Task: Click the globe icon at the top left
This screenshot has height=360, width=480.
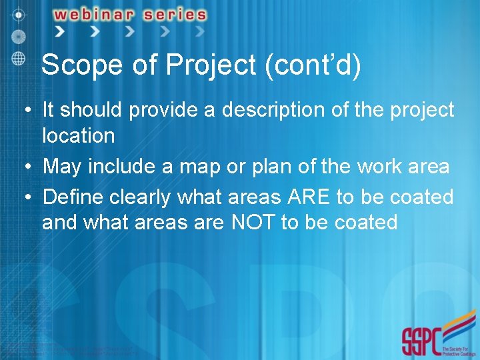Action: click(x=19, y=57)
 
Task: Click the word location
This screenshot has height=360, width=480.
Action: click(x=79, y=136)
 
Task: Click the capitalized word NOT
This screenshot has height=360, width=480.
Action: click(x=253, y=223)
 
